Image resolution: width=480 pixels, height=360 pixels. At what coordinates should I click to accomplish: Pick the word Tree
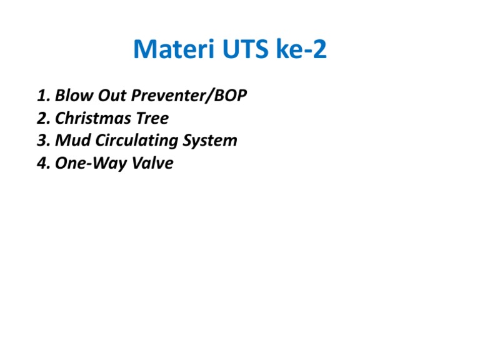[x=153, y=119]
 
